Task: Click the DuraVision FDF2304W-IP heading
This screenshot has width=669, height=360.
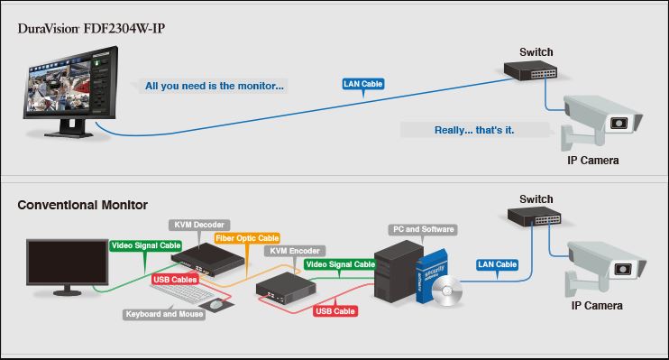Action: pyautogui.click(x=91, y=29)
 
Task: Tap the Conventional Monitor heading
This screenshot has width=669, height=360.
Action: pyautogui.click(x=82, y=206)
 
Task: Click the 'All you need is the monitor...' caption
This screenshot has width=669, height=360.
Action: pyautogui.click(x=215, y=87)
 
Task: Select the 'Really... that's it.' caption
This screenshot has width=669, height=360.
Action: pyautogui.click(x=474, y=130)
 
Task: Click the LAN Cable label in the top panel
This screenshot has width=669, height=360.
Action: pyautogui.click(x=363, y=84)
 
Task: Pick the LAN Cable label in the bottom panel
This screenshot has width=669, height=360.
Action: pyautogui.click(x=497, y=264)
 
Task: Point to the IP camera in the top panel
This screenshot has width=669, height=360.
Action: pyautogui.click(x=602, y=122)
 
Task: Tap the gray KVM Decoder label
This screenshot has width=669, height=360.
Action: pyautogui.click(x=197, y=224)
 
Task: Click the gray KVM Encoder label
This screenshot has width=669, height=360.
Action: pyautogui.click(x=295, y=252)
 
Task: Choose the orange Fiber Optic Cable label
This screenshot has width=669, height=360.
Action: pyautogui.click(x=247, y=238)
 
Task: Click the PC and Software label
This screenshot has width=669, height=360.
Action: pyautogui.click(x=421, y=229)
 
